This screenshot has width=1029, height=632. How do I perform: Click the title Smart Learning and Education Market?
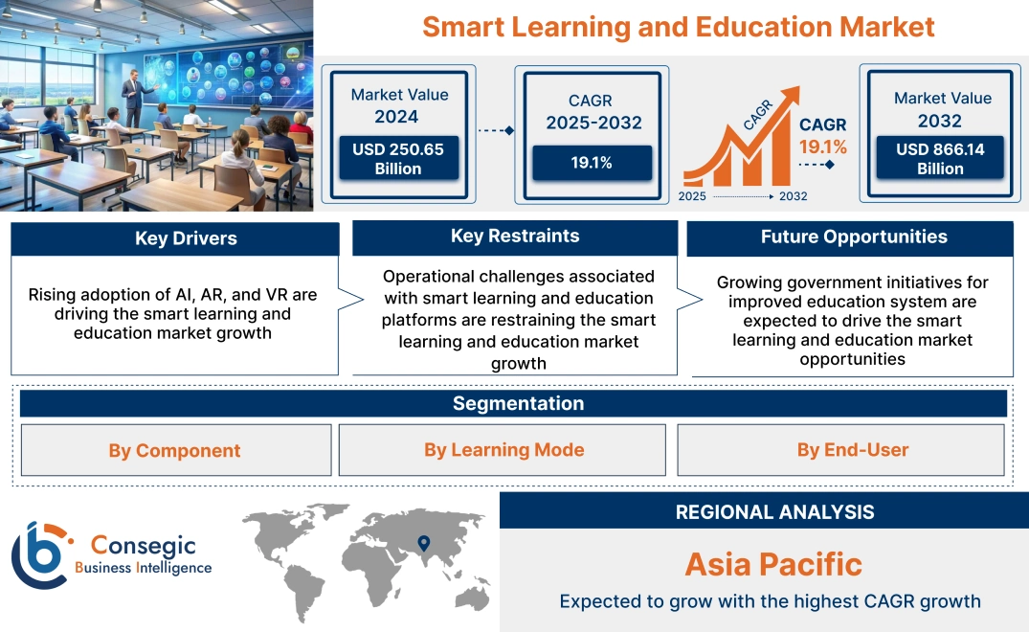click(678, 26)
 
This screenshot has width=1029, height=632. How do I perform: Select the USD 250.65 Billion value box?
click(397, 158)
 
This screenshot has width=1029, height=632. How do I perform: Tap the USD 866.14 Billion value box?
click(940, 158)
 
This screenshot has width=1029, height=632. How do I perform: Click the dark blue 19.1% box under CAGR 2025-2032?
click(592, 163)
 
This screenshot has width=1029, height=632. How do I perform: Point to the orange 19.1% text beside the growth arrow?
click(823, 147)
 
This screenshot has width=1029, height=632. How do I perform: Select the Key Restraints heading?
click(515, 237)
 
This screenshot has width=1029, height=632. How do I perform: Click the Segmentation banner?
click(518, 403)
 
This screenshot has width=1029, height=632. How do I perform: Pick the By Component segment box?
click(174, 450)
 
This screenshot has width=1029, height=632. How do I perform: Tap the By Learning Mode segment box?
click(503, 450)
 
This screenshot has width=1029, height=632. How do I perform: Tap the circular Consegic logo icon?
click(39, 556)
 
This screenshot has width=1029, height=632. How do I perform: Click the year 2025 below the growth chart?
click(693, 196)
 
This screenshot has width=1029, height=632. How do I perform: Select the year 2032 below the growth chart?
click(793, 196)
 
